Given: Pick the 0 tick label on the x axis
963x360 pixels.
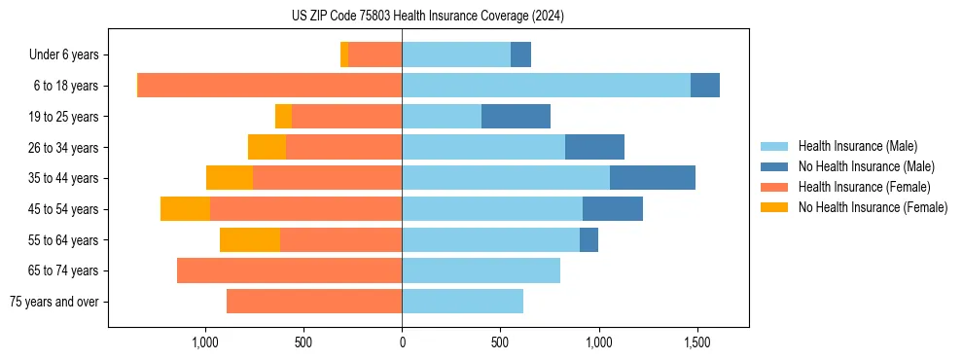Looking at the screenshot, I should click(x=402, y=342).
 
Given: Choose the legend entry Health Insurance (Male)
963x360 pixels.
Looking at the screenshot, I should click(x=857, y=146).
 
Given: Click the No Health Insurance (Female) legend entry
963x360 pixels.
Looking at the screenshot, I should click(x=873, y=207).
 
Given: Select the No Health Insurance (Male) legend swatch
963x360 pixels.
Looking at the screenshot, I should click(x=775, y=166).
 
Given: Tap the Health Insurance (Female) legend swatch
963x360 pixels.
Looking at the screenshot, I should click(x=775, y=187).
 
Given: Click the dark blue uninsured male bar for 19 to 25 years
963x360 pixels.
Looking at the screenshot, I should click(x=516, y=117).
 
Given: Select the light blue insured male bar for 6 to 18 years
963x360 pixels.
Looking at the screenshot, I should click(x=546, y=86).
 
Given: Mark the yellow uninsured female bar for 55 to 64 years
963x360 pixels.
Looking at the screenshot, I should click(x=250, y=240).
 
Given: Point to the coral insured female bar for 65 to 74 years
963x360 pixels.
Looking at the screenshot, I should click(x=289, y=270).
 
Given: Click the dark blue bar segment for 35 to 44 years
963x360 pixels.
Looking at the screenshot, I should click(x=652, y=178).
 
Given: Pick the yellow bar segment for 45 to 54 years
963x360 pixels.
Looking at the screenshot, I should click(x=185, y=209).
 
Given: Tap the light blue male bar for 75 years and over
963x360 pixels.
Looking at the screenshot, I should click(x=462, y=302).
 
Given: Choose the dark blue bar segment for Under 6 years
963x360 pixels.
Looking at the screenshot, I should click(x=520, y=54).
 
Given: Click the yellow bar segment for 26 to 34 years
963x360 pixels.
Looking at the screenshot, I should click(x=267, y=147).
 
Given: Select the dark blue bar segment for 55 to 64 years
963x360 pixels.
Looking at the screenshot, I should click(x=588, y=240).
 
